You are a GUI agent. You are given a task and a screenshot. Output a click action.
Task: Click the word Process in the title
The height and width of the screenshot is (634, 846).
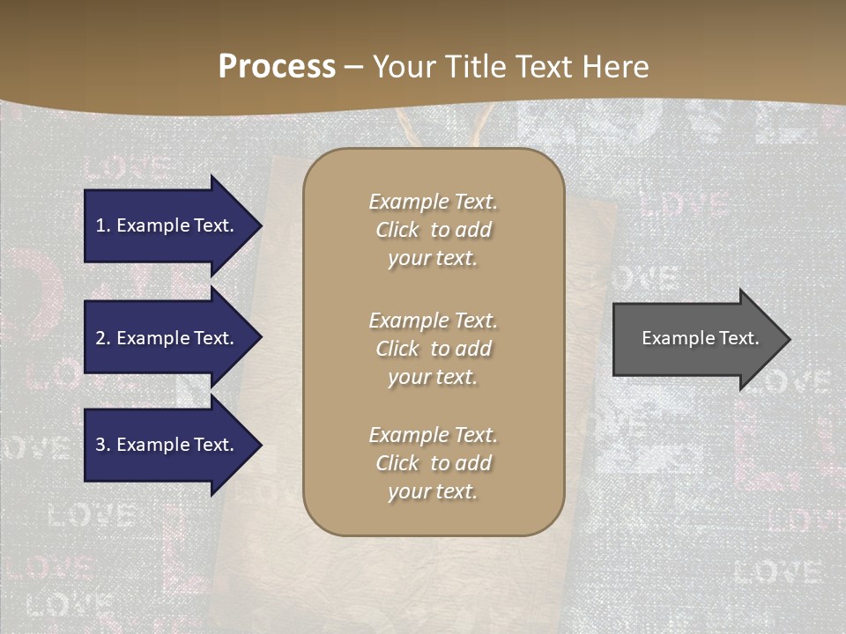coord(277,67)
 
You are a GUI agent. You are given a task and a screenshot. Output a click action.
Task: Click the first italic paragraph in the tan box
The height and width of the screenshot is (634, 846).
coord(433,230)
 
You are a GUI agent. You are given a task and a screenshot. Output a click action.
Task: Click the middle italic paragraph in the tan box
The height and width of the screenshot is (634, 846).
coord(433,349)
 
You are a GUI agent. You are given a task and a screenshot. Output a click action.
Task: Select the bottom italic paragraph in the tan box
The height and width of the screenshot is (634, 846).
coord(433,463)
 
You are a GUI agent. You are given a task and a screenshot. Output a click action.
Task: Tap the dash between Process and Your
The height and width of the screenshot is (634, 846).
coord(354,67)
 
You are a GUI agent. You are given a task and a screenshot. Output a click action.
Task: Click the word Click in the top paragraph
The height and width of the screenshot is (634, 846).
coord(397,230)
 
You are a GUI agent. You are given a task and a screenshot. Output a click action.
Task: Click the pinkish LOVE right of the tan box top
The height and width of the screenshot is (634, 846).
coord(684,204)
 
